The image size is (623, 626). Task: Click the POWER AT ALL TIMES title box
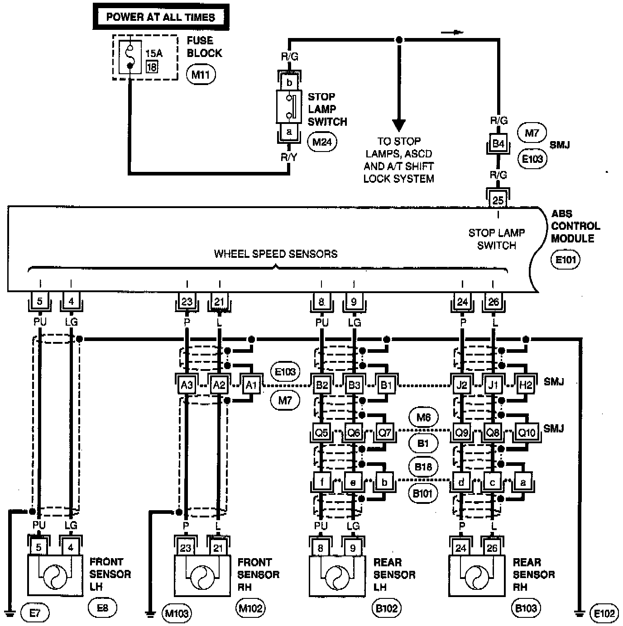(x=161, y=17)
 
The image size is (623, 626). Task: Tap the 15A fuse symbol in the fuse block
(x=130, y=57)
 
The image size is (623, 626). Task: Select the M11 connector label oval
(x=201, y=75)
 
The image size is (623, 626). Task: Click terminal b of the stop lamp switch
(x=289, y=82)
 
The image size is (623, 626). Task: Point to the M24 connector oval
(x=322, y=142)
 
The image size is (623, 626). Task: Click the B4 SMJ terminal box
(x=498, y=143)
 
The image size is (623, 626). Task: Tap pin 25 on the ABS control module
(x=498, y=200)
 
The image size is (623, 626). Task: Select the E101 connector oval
(x=566, y=260)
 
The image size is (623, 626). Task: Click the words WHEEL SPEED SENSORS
(x=276, y=254)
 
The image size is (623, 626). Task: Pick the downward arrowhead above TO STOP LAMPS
(x=399, y=125)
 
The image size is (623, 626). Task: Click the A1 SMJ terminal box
(x=251, y=385)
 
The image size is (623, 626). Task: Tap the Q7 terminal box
(x=385, y=432)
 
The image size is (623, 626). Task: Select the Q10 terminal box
(x=527, y=432)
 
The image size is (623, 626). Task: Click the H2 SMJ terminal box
(x=526, y=385)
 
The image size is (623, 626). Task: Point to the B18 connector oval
(x=423, y=467)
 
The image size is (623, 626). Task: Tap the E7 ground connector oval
(x=35, y=613)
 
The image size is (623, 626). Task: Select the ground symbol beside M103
(x=150, y=614)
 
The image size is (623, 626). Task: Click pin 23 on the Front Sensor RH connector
(x=186, y=548)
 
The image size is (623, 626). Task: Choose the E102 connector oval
(x=604, y=613)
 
